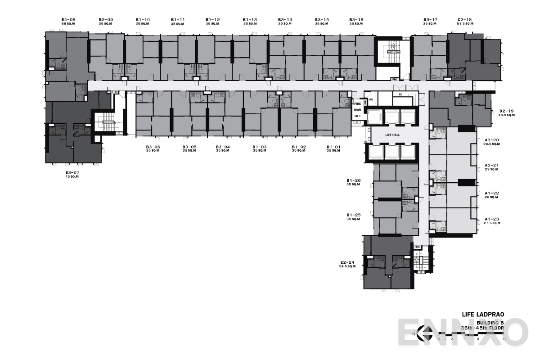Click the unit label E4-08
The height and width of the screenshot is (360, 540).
(x=69, y=20)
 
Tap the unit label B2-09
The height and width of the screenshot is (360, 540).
(x=106, y=20)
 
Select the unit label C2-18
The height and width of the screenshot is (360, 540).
(x=464, y=20)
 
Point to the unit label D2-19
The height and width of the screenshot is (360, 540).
(x=507, y=111)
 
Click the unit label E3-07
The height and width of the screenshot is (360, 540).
(x=72, y=173)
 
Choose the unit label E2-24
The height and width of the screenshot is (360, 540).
(x=348, y=262)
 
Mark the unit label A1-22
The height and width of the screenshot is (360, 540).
(x=491, y=193)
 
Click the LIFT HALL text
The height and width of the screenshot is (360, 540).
(x=392, y=135)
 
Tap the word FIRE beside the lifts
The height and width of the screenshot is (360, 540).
(x=358, y=104)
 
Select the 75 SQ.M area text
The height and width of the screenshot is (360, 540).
(x=72, y=177)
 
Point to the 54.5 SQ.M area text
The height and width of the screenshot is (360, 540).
(x=347, y=266)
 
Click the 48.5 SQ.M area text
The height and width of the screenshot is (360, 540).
(x=507, y=115)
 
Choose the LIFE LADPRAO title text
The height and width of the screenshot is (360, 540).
(x=483, y=315)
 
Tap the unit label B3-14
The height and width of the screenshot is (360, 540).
(x=285, y=20)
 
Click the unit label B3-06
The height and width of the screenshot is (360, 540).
(x=153, y=147)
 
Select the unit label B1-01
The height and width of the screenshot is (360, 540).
(x=333, y=147)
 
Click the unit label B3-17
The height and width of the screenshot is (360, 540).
(x=430, y=20)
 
